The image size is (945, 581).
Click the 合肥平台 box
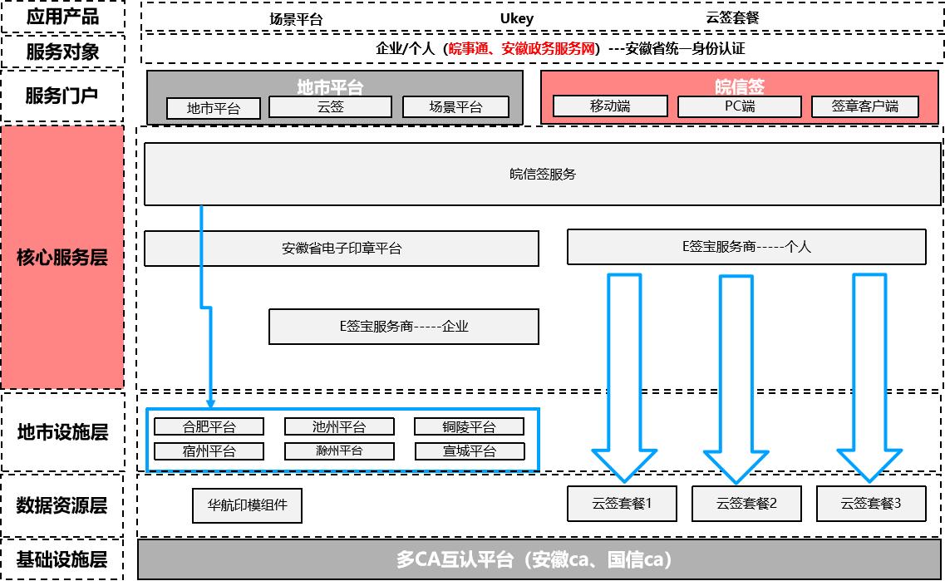click(209, 426)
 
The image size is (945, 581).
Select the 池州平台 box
click(339, 426)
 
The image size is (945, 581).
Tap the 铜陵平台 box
click(469, 426)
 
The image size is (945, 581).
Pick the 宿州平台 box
click(209, 451)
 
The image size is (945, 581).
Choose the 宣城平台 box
click(470, 451)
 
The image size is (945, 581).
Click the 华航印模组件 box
click(247, 505)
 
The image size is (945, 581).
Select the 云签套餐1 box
click(622, 504)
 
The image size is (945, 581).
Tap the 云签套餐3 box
click(871, 504)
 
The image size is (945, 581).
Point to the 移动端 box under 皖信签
click(610, 106)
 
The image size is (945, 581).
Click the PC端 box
click(740, 106)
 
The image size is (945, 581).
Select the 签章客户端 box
click(865, 106)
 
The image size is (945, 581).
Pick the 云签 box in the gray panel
click(330, 106)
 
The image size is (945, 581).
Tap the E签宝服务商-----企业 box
click(404, 327)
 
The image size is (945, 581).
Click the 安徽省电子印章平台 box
click(341, 249)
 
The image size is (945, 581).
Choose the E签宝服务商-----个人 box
click(746, 247)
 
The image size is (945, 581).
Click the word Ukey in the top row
click(516, 18)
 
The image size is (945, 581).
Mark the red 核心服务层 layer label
click(62, 258)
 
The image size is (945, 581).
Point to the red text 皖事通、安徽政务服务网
click(522, 49)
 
